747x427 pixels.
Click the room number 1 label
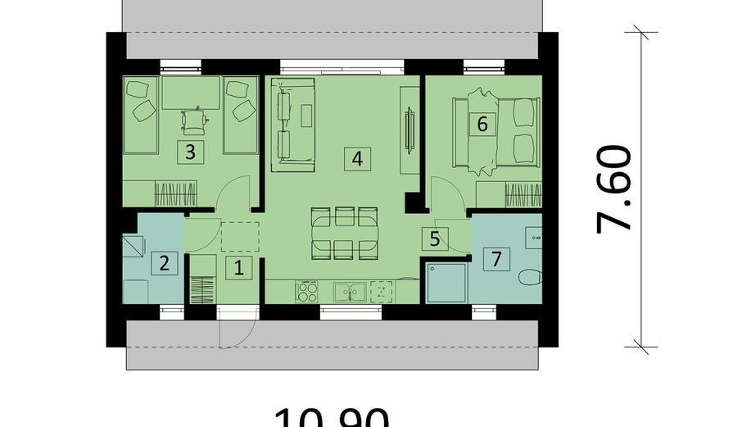pyautogui.click(x=239, y=266)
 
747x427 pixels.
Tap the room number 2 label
pyautogui.click(x=165, y=263)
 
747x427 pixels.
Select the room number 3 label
pyautogui.click(x=190, y=151)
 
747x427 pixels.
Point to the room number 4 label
pyautogui.click(x=355, y=158)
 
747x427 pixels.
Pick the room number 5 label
pyautogui.click(x=434, y=239)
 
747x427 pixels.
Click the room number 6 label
pyautogui.click(x=482, y=124)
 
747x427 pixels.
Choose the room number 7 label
pyautogui.click(x=495, y=260)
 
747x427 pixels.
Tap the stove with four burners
pyautogui.click(x=308, y=291)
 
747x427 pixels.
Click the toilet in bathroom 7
pyautogui.click(x=531, y=277)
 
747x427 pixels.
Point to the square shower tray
pyautogui.click(x=445, y=282)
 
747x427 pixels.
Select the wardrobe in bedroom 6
pyautogui.click(x=509, y=195)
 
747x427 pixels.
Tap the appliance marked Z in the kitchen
pyautogui.click(x=382, y=291)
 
